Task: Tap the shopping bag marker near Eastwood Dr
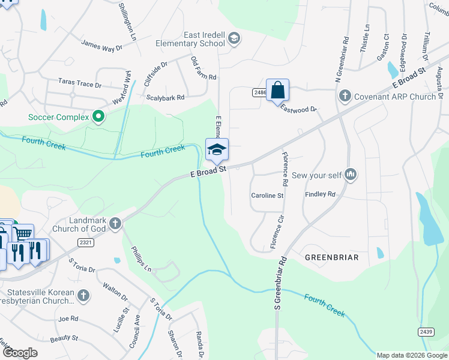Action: [277, 91]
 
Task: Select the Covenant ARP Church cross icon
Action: [345, 96]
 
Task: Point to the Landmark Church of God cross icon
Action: [115, 224]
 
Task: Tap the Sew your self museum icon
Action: [351, 175]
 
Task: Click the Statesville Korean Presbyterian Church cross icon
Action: [83, 295]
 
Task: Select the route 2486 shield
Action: [259, 92]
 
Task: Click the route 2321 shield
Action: [85, 242]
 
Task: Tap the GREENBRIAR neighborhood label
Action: [331, 257]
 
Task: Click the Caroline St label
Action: [267, 196]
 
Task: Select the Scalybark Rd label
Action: [165, 97]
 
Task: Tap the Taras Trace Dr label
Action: [80, 82]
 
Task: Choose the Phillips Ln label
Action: [137, 257]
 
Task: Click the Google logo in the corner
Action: [20, 353]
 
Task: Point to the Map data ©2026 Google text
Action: [411, 355]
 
